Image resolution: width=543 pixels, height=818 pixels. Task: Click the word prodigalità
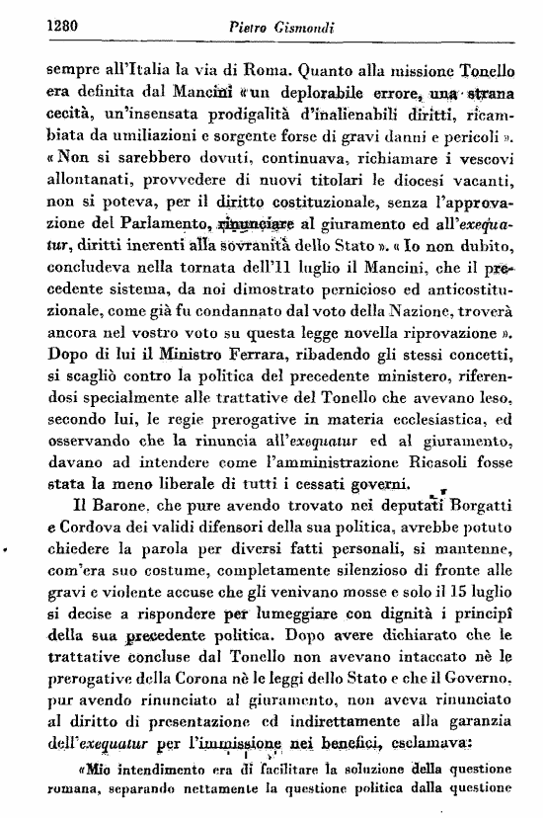[x=260, y=118]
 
